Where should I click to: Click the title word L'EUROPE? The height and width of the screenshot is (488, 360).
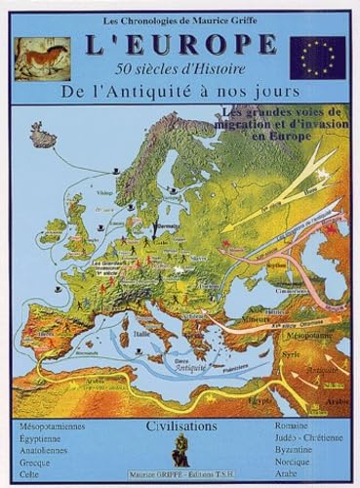(x=180, y=45)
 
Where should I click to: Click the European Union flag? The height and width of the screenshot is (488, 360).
(x=316, y=58)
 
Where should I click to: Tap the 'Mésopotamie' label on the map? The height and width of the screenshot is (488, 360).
(x=305, y=335)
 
